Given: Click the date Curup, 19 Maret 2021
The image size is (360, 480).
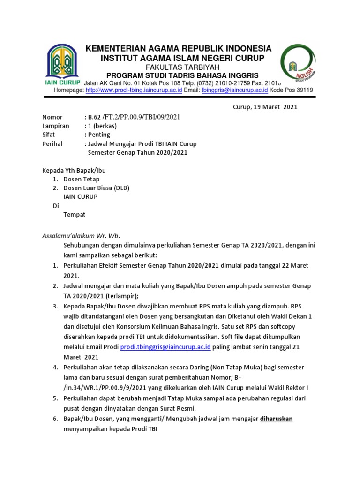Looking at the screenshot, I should pos(265,107).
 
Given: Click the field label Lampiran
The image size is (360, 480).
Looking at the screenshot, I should pos(56,126).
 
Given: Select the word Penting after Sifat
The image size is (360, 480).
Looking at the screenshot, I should pos(98,135).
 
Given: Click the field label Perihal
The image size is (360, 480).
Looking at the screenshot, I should pos(52,143).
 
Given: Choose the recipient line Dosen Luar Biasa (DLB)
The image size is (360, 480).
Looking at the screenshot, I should pos(96,188).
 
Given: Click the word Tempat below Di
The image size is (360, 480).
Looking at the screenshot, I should pos(75,215).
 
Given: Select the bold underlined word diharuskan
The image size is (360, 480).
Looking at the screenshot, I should pos(276,419).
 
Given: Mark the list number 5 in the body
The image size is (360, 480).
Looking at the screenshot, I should pos(55,398).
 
